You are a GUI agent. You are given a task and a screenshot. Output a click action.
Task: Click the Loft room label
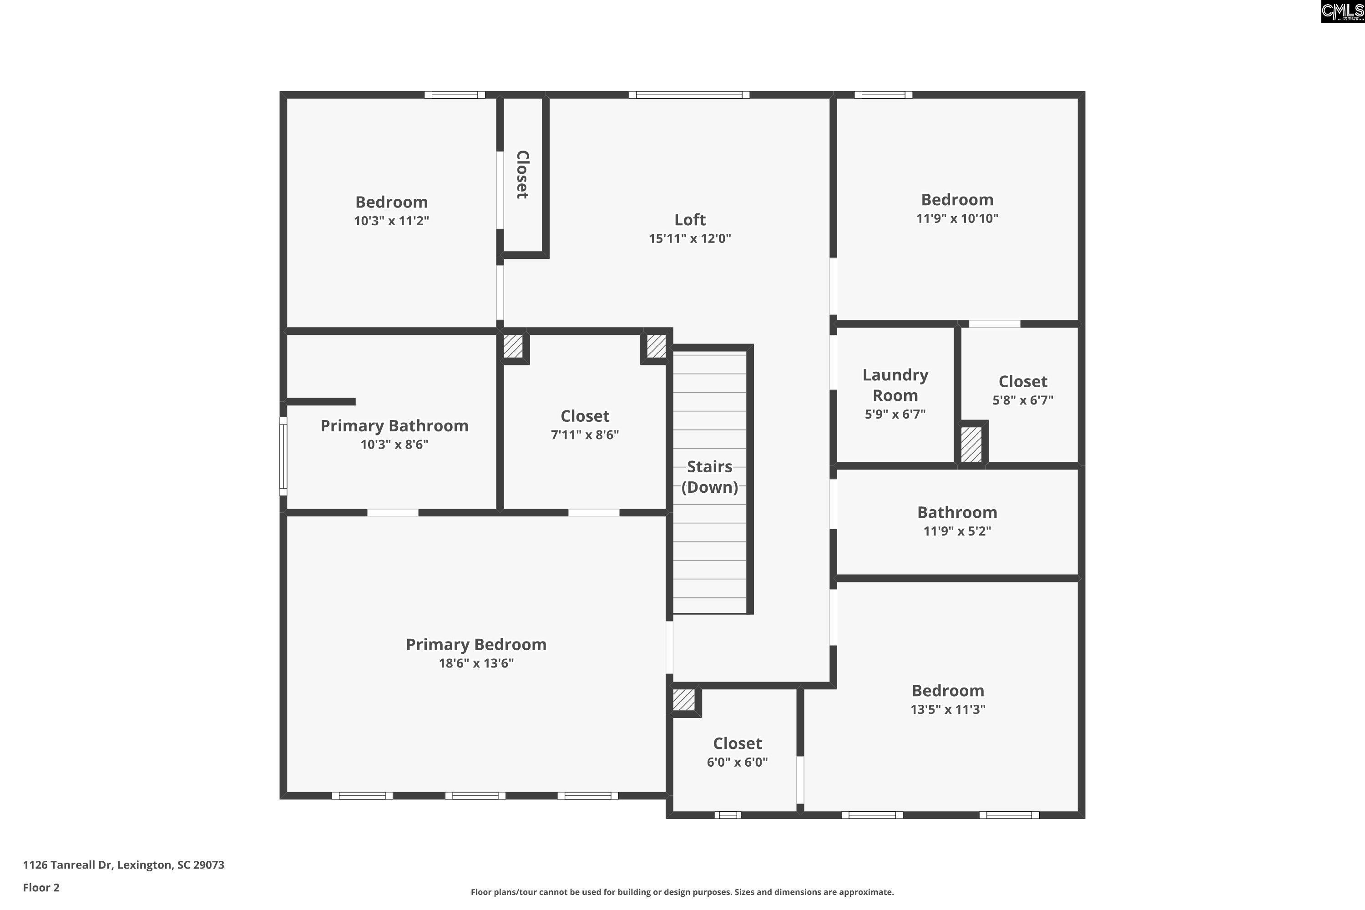coord(689,220)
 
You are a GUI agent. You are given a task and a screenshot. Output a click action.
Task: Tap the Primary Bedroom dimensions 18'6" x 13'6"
coord(476,663)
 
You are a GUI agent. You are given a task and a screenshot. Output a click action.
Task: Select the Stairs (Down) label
coord(710,476)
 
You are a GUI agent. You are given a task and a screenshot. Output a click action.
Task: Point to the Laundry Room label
coord(895,385)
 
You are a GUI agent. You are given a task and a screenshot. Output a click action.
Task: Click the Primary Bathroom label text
coord(394,426)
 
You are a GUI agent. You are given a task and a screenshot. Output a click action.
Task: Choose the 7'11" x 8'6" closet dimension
coord(584,435)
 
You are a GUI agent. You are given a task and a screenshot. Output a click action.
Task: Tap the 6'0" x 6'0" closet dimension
coord(737,762)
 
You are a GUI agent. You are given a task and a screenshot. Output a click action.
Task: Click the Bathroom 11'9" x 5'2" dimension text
coord(957,531)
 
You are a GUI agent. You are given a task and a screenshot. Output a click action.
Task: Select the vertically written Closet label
coord(522,175)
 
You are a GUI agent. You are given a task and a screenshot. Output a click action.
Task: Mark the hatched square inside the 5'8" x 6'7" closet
coord(971,445)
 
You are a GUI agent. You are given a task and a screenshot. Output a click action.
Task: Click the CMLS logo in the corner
coord(1342,12)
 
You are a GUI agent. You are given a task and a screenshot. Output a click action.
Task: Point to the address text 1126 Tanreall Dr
coord(67,865)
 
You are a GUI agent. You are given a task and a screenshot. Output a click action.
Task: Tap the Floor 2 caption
coord(41,887)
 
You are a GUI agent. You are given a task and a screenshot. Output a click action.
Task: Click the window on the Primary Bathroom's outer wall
coord(283,456)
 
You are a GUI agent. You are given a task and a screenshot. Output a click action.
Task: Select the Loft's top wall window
coord(689,95)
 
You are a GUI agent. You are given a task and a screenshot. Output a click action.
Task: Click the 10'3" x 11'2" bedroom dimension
coord(391,221)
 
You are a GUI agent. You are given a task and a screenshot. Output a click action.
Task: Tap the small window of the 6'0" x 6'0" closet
coord(728,815)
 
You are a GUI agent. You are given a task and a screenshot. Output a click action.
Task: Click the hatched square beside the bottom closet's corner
coord(684,699)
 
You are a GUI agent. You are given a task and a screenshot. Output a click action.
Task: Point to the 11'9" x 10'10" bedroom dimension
coord(957,218)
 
